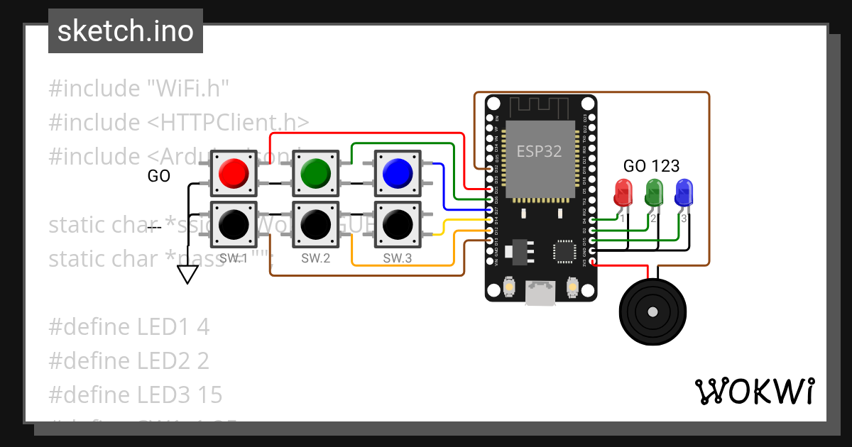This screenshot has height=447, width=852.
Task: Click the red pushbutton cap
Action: [233, 172]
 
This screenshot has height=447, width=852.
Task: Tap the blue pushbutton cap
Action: [397, 172]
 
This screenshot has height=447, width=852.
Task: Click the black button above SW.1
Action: [233, 224]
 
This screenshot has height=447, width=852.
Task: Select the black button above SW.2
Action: [315, 224]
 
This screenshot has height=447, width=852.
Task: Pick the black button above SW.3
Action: [397, 224]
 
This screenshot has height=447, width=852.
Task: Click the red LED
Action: [623, 192]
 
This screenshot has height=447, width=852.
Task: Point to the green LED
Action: [653, 192]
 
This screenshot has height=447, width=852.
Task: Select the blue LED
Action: [684, 192]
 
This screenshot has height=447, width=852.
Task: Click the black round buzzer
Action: [654, 310]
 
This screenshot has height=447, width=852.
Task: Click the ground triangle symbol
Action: [187, 274]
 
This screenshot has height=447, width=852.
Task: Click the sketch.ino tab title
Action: [126, 31]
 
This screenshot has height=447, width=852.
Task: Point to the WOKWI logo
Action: [754, 391]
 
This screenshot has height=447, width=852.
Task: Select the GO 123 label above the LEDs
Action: [651, 166]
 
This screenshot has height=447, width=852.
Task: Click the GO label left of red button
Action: [158, 176]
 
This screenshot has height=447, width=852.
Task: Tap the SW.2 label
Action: [315, 258]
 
